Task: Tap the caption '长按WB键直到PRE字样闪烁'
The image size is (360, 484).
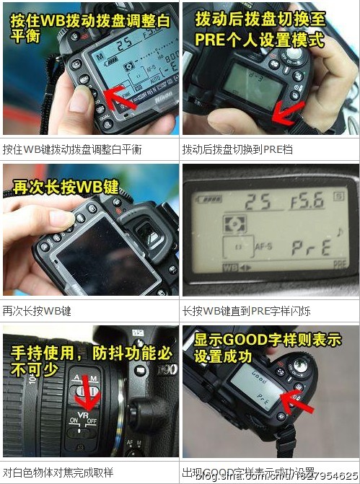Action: (246, 311)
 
